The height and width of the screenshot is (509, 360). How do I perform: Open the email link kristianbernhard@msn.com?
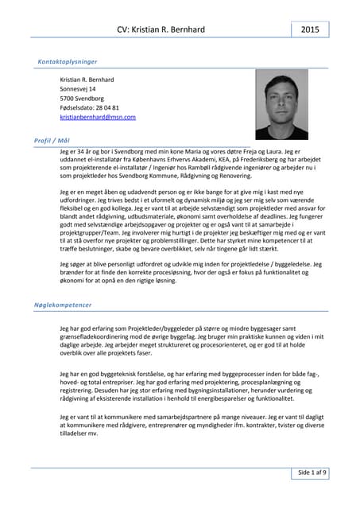point(98,117)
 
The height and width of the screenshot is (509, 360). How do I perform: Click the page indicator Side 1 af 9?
point(312,472)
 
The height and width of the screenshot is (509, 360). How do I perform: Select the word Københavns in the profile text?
point(145,159)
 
